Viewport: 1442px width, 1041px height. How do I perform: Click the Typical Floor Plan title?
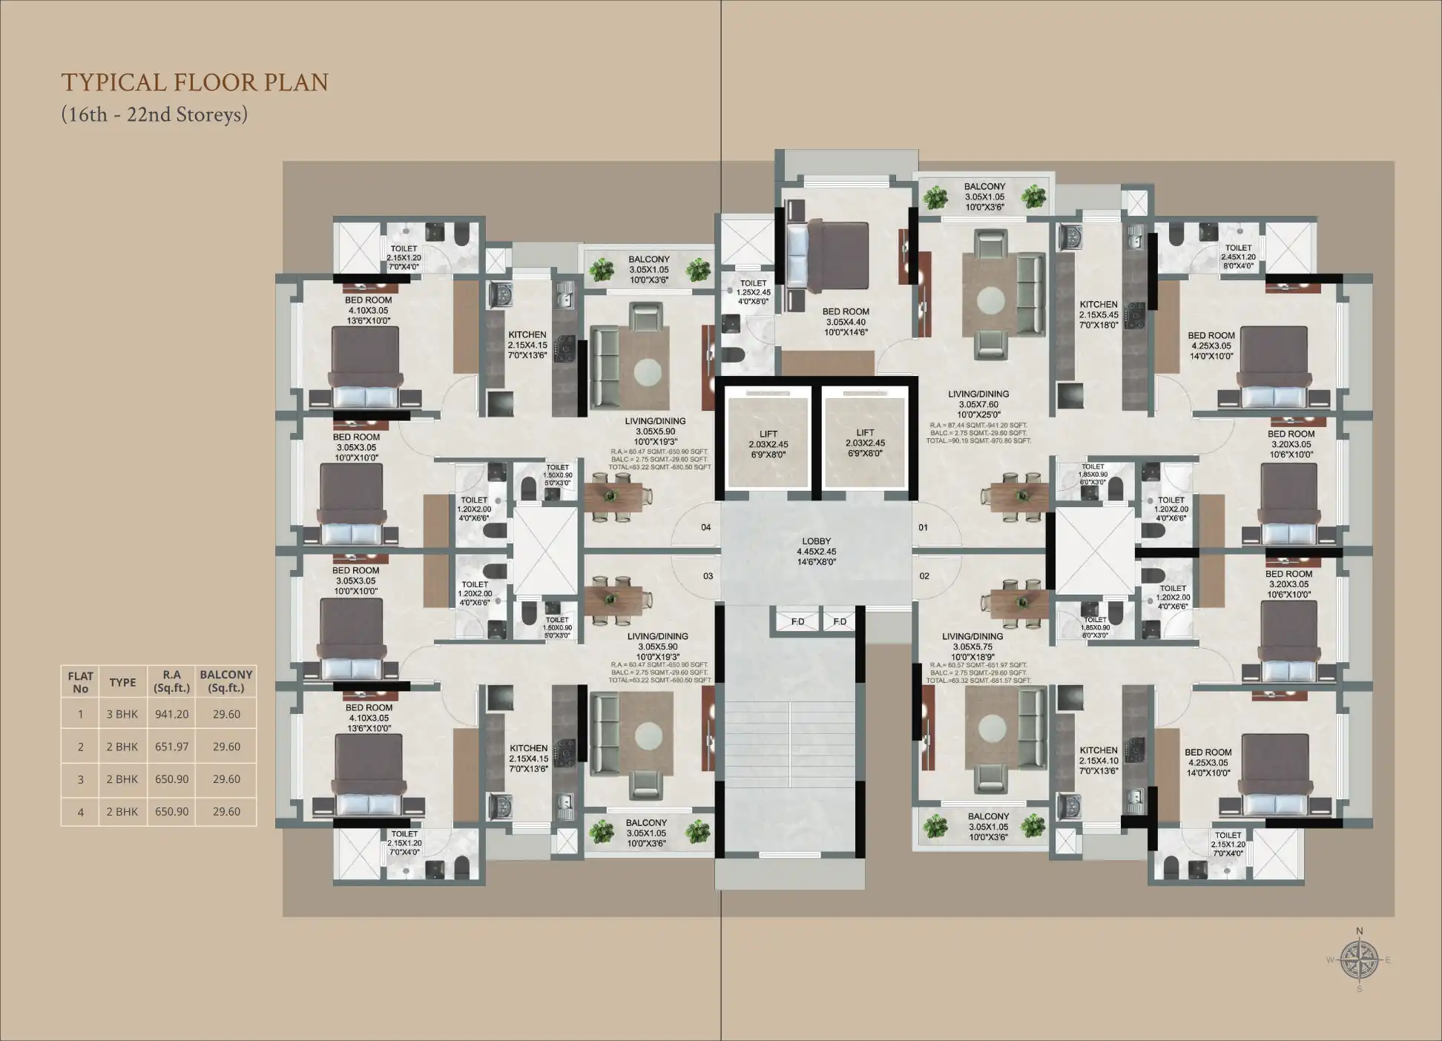194,82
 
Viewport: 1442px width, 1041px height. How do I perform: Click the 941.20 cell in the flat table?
171,714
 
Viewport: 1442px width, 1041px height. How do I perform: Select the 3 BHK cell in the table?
122,714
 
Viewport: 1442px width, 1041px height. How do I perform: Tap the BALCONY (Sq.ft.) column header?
226,681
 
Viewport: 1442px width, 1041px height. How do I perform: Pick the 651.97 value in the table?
171,747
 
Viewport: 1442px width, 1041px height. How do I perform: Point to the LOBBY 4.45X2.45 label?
816,551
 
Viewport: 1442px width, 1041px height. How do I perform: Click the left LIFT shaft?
768,443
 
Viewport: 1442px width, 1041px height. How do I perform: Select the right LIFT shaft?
865,443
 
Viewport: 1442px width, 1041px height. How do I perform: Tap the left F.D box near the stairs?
797,621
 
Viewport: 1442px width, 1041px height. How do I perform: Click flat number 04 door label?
705,527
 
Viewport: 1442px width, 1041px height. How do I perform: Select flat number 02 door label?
924,575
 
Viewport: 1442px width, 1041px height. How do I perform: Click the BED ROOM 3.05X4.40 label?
846,322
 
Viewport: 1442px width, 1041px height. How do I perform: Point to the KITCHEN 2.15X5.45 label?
1099,314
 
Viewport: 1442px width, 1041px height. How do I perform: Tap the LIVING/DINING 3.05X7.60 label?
978,404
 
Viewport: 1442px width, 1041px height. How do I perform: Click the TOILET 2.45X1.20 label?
1238,257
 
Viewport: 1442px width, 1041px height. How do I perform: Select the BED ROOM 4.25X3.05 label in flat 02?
1208,762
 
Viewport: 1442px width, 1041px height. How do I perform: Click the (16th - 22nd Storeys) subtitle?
154,114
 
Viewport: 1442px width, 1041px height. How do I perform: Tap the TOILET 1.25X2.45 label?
753,292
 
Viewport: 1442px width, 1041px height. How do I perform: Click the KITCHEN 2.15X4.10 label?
1099,760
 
